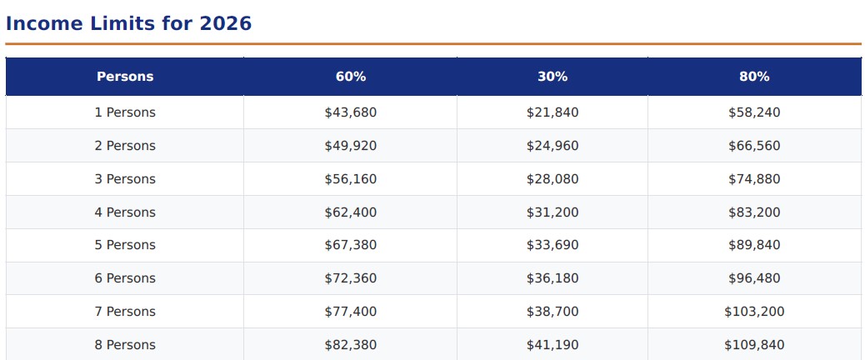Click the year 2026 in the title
tap(225, 23)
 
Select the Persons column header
tap(125, 77)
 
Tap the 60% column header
tap(351, 77)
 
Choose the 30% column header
tap(552, 77)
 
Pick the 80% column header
tap(755, 77)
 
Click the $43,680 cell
tap(351, 112)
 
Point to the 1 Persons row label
tap(125, 112)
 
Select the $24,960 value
tap(552, 146)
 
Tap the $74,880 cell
tap(755, 179)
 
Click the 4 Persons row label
tap(125, 212)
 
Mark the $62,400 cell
tap(351, 212)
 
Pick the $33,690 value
tap(552, 245)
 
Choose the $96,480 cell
tap(755, 278)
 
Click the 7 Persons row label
tap(125, 312)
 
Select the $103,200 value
tap(755, 312)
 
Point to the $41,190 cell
tap(552, 345)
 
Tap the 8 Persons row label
tap(125, 345)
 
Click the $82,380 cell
tap(351, 345)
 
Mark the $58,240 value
tap(755, 112)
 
